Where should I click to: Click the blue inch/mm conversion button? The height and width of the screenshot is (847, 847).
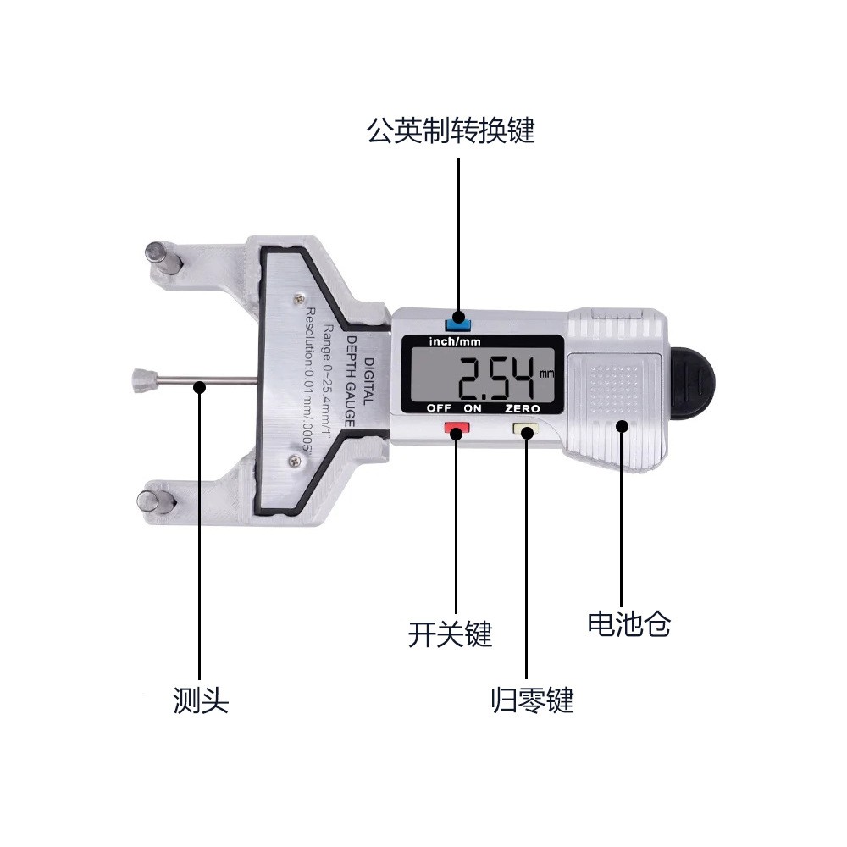click(x=458, y=322)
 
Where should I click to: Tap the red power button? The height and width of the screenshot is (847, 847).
click(x=457, y=430)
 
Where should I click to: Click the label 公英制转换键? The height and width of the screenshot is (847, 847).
click(x=451, y=131)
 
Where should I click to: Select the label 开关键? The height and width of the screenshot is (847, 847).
click(x=450, y=634)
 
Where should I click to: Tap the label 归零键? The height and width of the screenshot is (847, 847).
click(x=532, y=700)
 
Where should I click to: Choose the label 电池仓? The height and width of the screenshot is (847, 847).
click(x=628, y=625)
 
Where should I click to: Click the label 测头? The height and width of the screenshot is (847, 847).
click(x=201, y=700)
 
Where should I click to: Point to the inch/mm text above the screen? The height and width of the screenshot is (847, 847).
click(x=456, y=342)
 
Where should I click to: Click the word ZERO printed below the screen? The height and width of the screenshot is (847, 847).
click(x=523, y=408)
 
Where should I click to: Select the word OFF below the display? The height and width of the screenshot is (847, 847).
click(x=439, y=408)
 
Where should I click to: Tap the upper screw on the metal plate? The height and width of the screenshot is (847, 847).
click(x=297, y=298)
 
